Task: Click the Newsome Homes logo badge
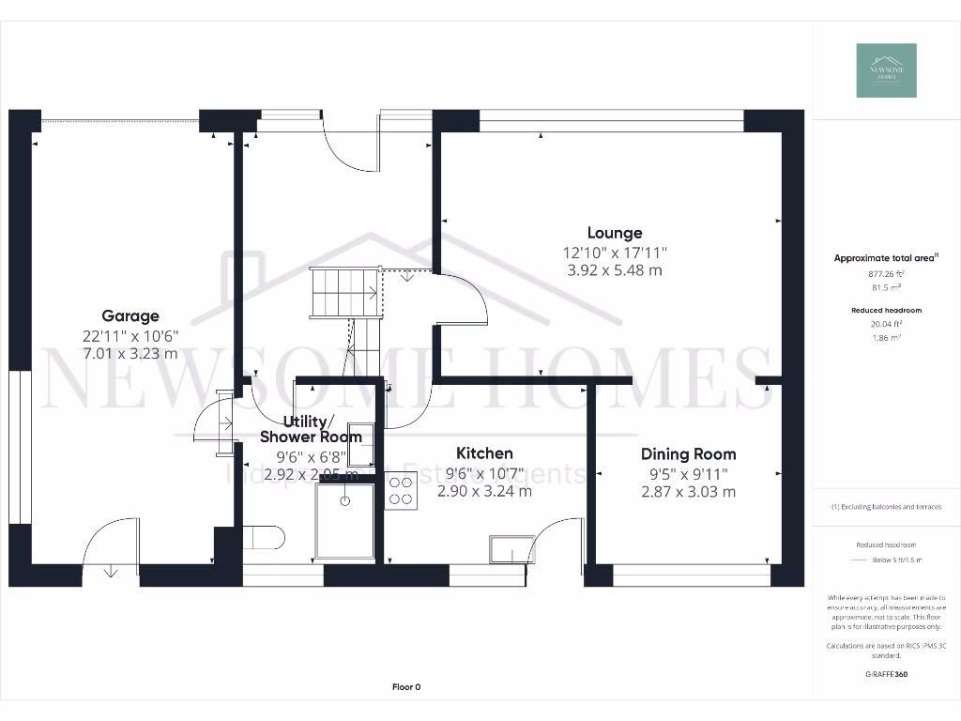point(886,70)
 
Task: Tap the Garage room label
point(130,316)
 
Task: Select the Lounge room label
point(615,233)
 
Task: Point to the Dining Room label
point(688,454)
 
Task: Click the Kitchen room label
point(484,453)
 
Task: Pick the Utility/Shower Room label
point(311,429)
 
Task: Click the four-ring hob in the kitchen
point(402,492)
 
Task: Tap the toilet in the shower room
point(264,538)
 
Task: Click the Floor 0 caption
point(405,687)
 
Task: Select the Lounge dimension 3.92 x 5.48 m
point(615,270)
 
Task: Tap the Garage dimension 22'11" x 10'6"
point(130,335)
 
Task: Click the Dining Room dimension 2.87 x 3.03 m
point(688,492)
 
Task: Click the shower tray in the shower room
point(344,521)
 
